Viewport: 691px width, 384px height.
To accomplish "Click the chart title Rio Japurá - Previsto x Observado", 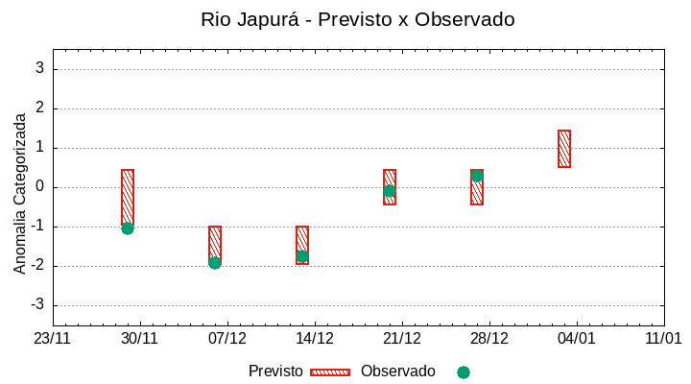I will pos(357,19).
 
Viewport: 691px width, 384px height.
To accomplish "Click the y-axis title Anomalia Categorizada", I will pos(20,193).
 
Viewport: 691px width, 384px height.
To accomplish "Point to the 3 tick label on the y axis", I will pos(39,68).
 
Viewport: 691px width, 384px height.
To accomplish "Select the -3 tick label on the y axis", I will pos(36,305).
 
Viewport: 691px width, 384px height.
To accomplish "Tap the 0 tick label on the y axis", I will pos(39,187).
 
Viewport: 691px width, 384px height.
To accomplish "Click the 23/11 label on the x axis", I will pos(53,339).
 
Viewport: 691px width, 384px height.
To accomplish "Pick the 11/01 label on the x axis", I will pos(663,339).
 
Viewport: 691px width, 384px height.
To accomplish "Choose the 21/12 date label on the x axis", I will pos(402,339).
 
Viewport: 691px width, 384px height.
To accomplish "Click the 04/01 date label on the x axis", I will pos(577,339).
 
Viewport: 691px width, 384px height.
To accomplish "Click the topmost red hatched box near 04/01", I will pos(564,149).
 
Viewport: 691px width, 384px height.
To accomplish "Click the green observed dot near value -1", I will pos(128,228).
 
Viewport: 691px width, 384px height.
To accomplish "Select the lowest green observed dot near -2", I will pos(215,263).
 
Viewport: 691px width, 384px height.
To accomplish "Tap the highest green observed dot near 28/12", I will pos(477,176).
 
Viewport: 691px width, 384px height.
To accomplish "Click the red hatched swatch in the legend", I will pos(330,372).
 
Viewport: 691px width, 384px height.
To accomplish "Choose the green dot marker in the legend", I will pos(464,372).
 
